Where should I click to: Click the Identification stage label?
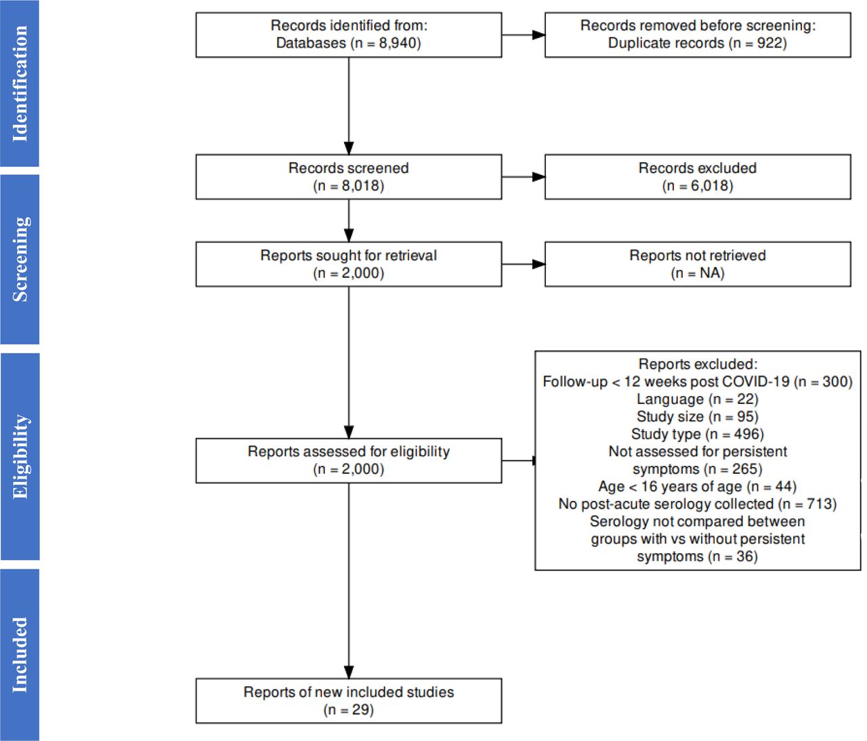point(20,83)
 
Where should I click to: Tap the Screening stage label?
point(20,259)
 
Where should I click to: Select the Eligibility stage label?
point(20,456)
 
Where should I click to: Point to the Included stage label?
point(20,655)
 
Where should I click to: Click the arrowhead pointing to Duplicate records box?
point(538,35)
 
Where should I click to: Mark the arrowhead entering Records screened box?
point(349,148)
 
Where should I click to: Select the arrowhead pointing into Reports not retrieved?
point(538,264)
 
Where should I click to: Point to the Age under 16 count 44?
point(782,486)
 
